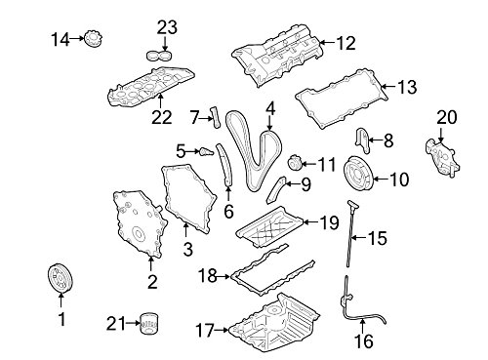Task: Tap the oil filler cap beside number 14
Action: [x=95, y=40]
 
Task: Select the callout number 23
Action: [x=167, y=27]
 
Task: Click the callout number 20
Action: [x=446, y=118]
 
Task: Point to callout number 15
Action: [x=376, y=237]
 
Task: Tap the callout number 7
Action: [x=193, y=118]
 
